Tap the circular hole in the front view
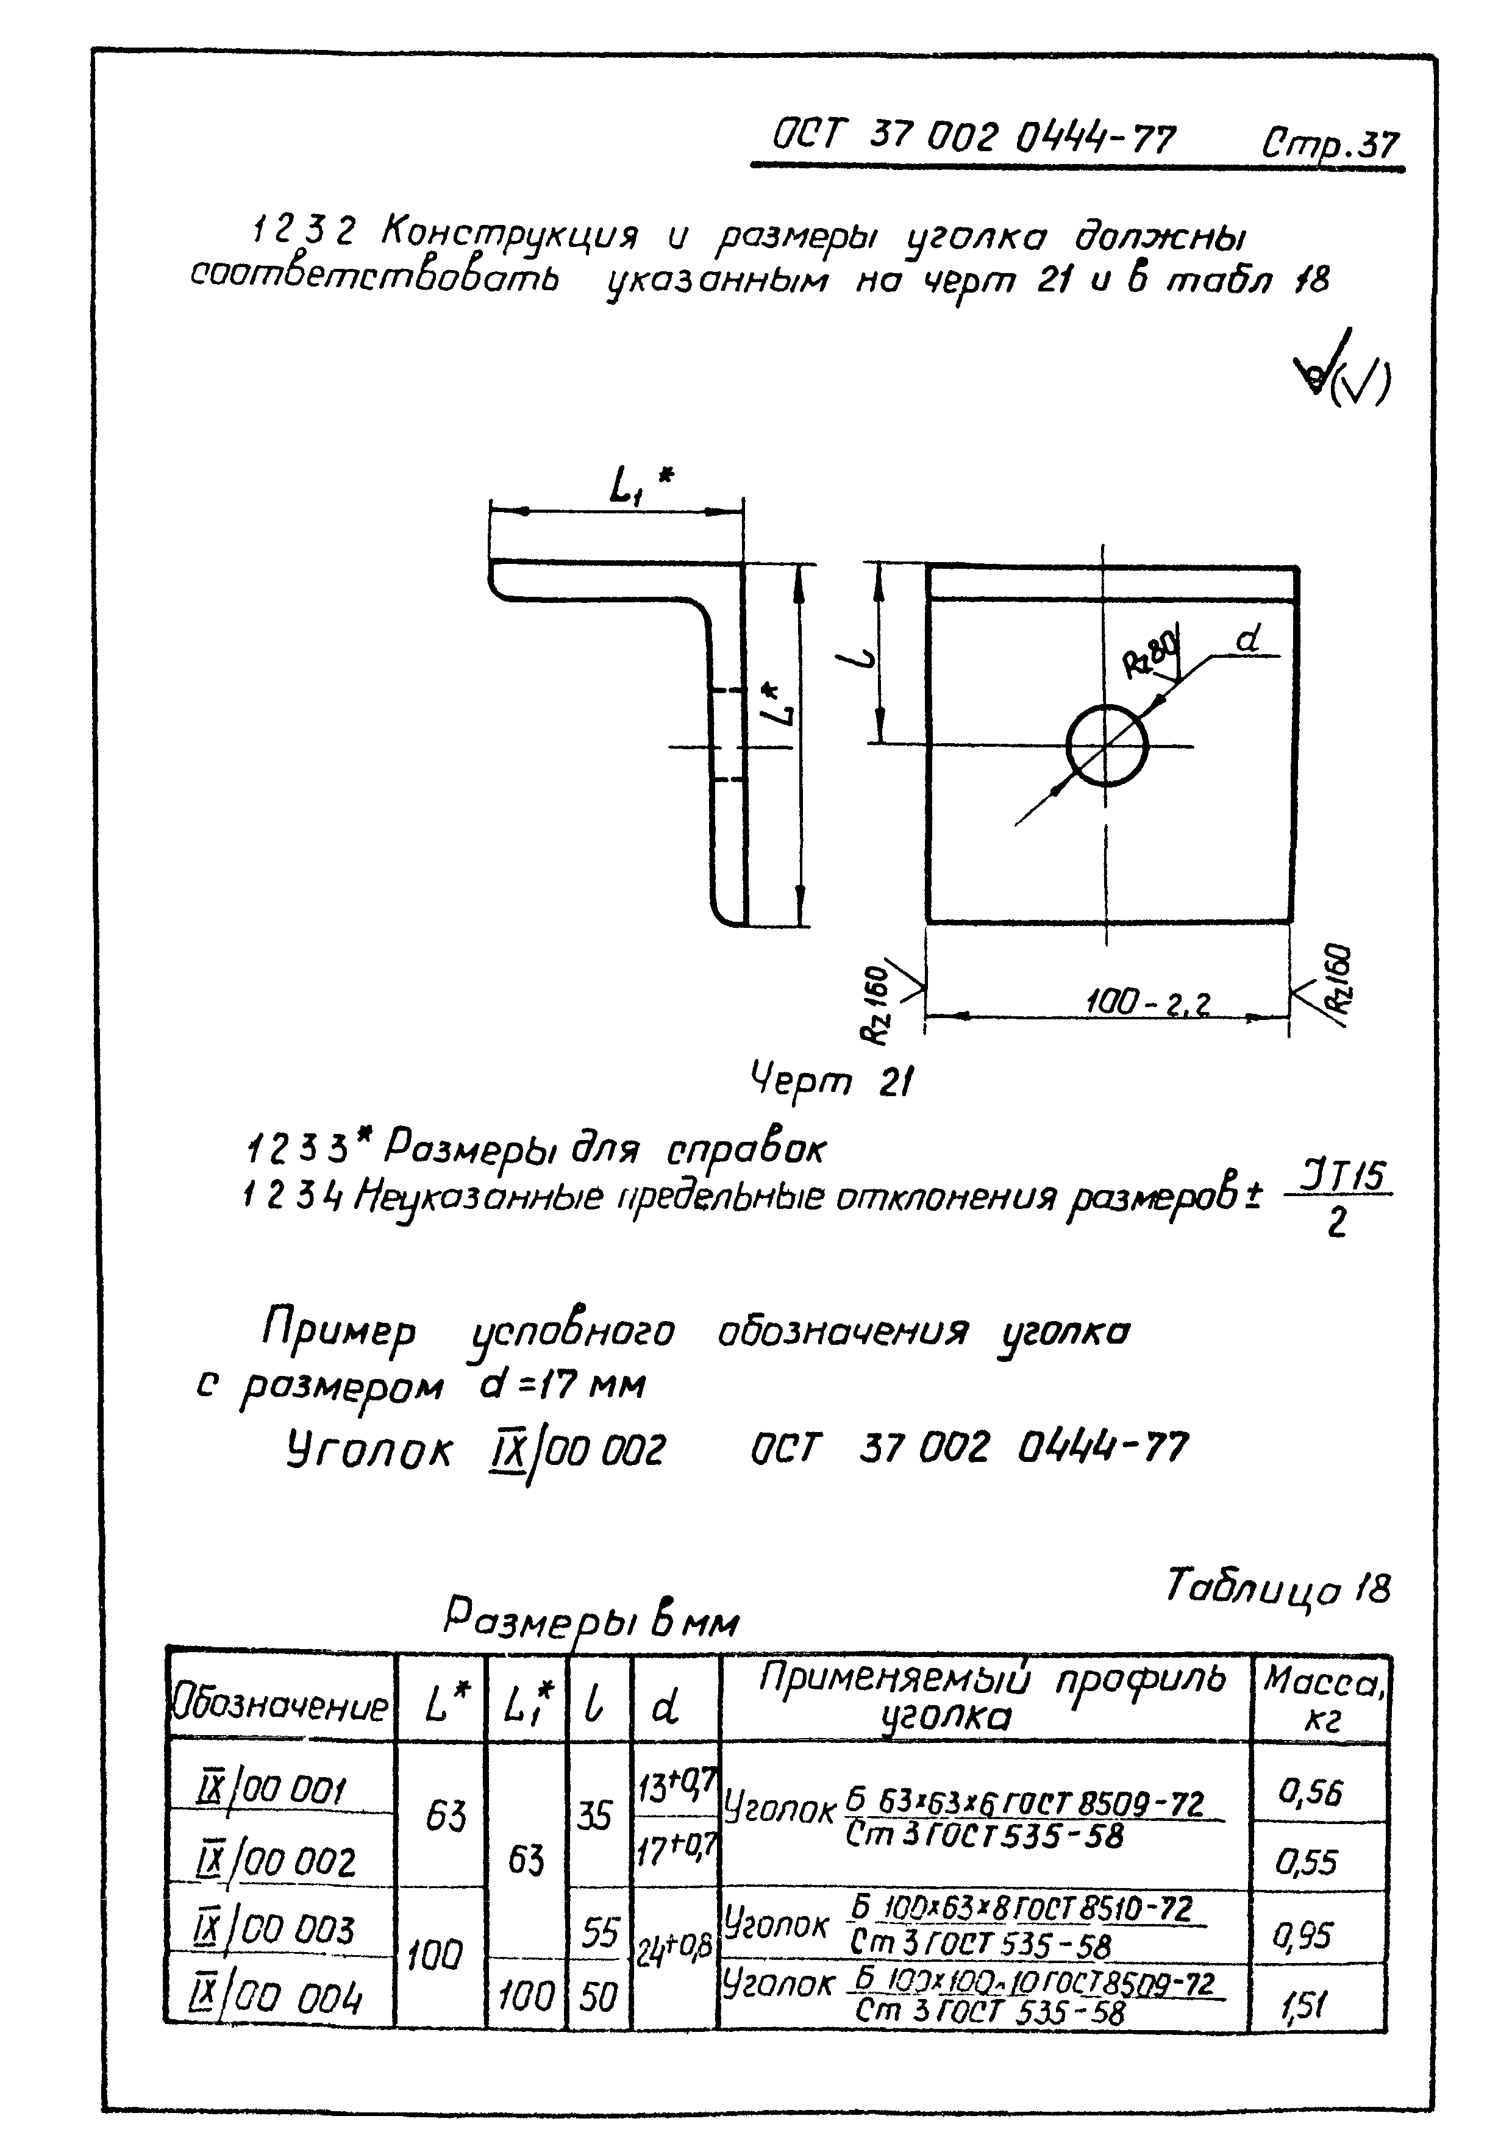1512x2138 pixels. tap(1106, 745)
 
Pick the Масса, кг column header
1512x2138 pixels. tap(1319, 1697)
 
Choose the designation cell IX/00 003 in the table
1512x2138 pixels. tap(277, 1928)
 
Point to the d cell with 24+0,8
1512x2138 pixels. tap(674, 1946)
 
